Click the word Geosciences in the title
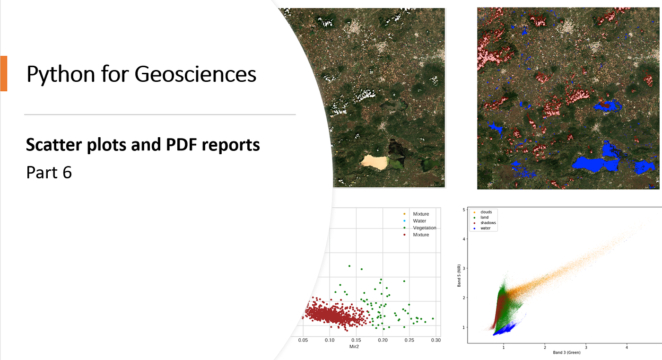click(x=195, y=74)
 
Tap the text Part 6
click(x=49, y=173)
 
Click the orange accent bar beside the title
click(x=3, y=73)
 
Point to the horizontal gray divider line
click(x=160, y=114)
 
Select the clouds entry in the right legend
click(x=486, y=212)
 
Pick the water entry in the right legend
click(x=485, y=228)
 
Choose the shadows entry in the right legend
click(x=488, y=223)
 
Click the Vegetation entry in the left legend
click(x=424, y=228)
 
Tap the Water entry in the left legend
click(x=419, y=221)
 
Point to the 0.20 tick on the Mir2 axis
click(x=383, y=340)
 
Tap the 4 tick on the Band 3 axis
click(x=627, y=347)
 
